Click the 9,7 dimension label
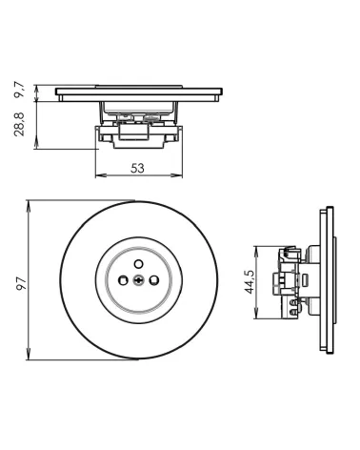pyautogui.click(x=19, y=90)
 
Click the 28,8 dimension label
pyautogui.click(x=19, y=124)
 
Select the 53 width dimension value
pyautogui.click(x=137, y=168)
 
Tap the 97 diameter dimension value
pyautogui.click(x=21, y=283)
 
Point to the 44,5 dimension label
pyautogui.click(x=250, y=282)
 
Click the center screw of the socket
pyautogui.click(x=139, y=280)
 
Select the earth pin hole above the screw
pyautogui.click(x=138, y=263)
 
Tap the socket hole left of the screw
pyautogui.click(x=123, y=280)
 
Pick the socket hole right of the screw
pyautogui.click(x=154, y=280)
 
